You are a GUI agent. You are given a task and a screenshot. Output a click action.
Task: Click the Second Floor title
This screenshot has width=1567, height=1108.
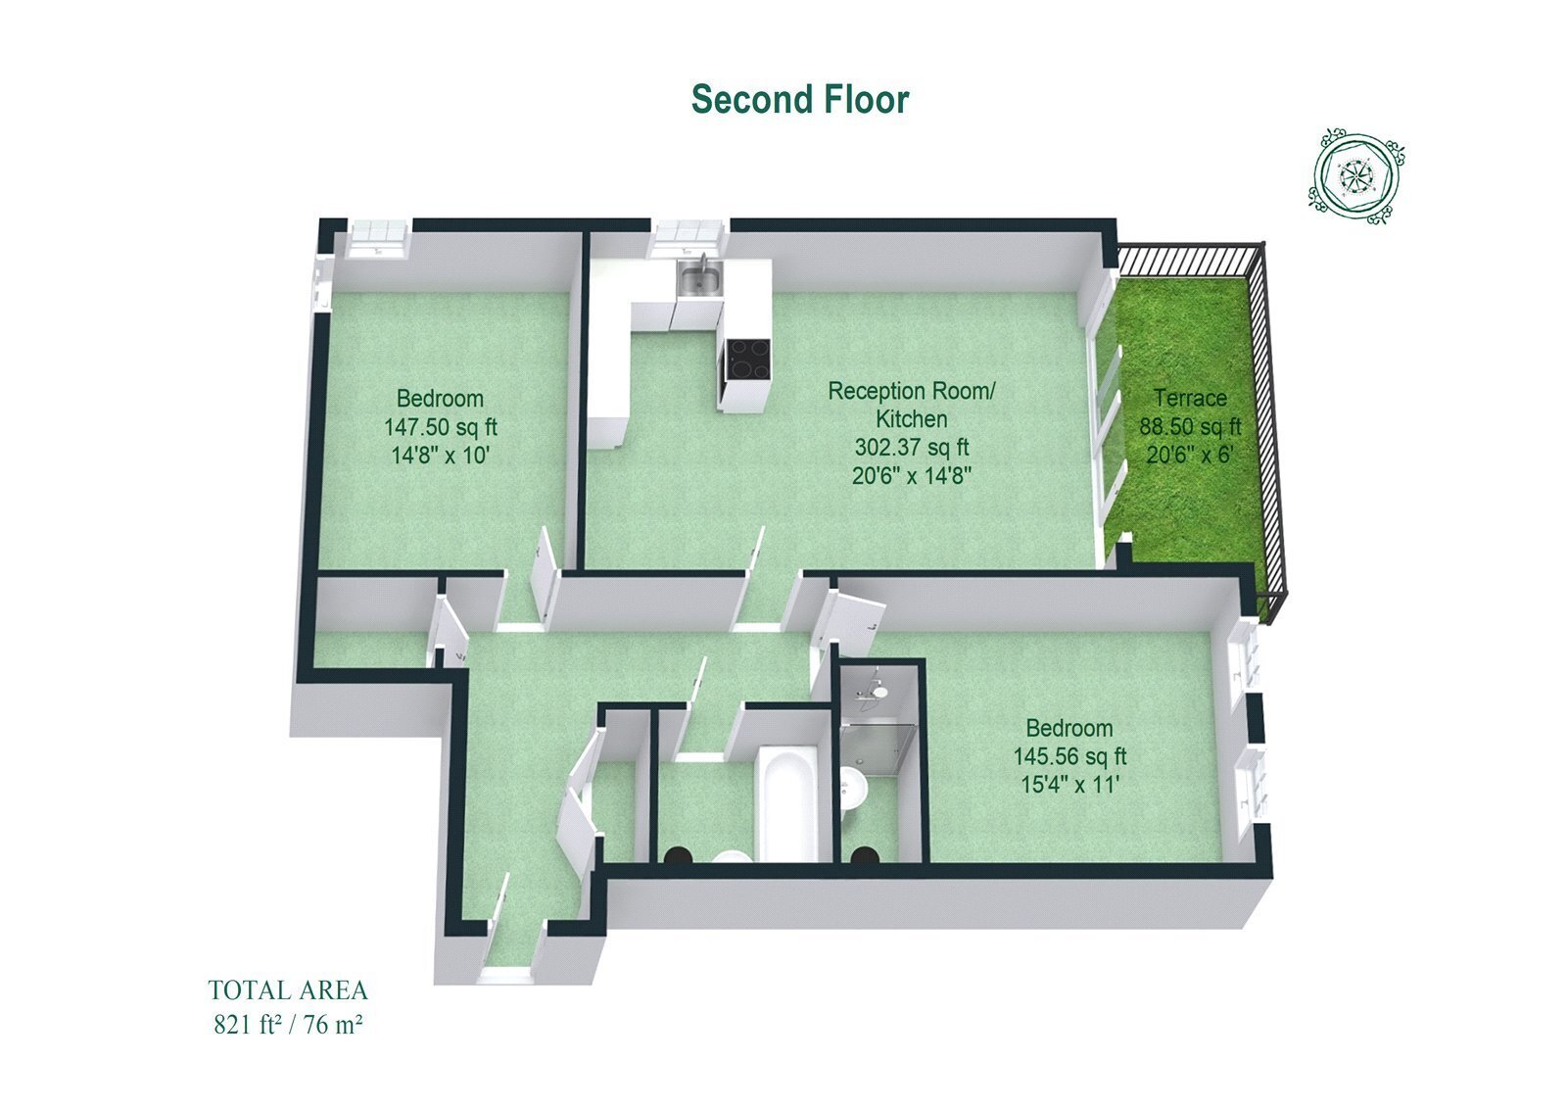pyautogui.click(x=800, y=99)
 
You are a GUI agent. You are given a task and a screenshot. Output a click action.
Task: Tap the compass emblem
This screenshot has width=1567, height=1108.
pyautogui.click(x=1357, y=177)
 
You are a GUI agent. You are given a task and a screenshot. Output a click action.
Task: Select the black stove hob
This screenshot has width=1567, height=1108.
pyautogui.click(x=748, y=359)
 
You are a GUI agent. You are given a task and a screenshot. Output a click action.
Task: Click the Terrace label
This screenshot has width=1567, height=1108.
pyautogui.click(x=1190, y=399)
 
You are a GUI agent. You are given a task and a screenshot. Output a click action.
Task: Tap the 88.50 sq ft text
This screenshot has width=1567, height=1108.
pyautogui.click(x=1191, y=426)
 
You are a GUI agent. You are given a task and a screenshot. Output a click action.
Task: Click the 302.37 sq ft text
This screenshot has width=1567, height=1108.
pyautogui.click(x=912, y=448)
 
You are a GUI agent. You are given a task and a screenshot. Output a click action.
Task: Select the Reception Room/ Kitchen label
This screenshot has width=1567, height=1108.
pyautogui.click(x=912, y=405)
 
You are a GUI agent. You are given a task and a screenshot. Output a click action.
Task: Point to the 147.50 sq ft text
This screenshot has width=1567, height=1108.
pyautogui.click(x=441, y=427)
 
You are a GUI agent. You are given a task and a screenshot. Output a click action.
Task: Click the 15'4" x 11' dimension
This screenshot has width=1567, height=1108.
pyautogui.click(x=1069, y=785)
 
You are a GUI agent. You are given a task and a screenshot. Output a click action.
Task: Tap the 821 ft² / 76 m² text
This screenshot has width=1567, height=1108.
pyautogui.click(x=288, y=1025)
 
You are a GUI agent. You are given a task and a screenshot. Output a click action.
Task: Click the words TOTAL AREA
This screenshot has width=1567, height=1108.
pyautogui.click(x=288, y=990)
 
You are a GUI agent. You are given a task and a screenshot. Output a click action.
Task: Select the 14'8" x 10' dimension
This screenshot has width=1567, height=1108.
pyautogui.click(x=441, y=456)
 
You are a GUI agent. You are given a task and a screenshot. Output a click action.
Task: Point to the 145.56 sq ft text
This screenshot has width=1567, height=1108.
pyautogui.click(x=1069, y=756)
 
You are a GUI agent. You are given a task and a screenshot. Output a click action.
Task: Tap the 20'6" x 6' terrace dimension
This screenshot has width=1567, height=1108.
pyautogui.click(x=1190, y=455)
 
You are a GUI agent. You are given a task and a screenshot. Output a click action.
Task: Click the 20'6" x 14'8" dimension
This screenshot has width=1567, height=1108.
pyautogui.click(x=912, y=476)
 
